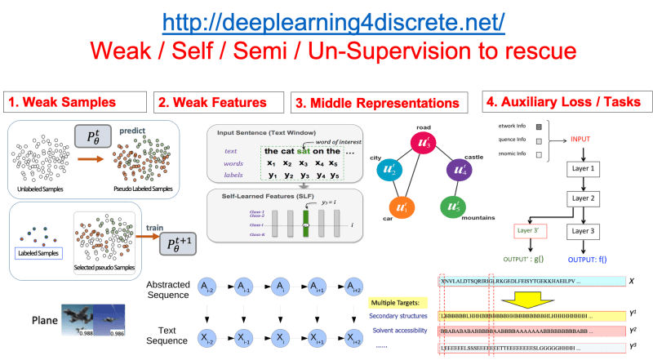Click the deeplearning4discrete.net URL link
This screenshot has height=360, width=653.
pyautogui.click(x=333, y=20)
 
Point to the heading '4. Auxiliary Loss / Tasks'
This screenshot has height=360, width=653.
pyautogui.click(x=564, y=103)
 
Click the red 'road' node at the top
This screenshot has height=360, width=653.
pyautogui.click(x=422, y=142)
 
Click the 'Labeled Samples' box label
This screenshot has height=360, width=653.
pyautogui.click(x=38, y=252)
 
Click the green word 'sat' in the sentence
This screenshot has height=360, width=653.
pyautogui.click(x=304, y=150)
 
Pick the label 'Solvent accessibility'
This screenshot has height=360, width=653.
pyautogui.click(x=401, y=331)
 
